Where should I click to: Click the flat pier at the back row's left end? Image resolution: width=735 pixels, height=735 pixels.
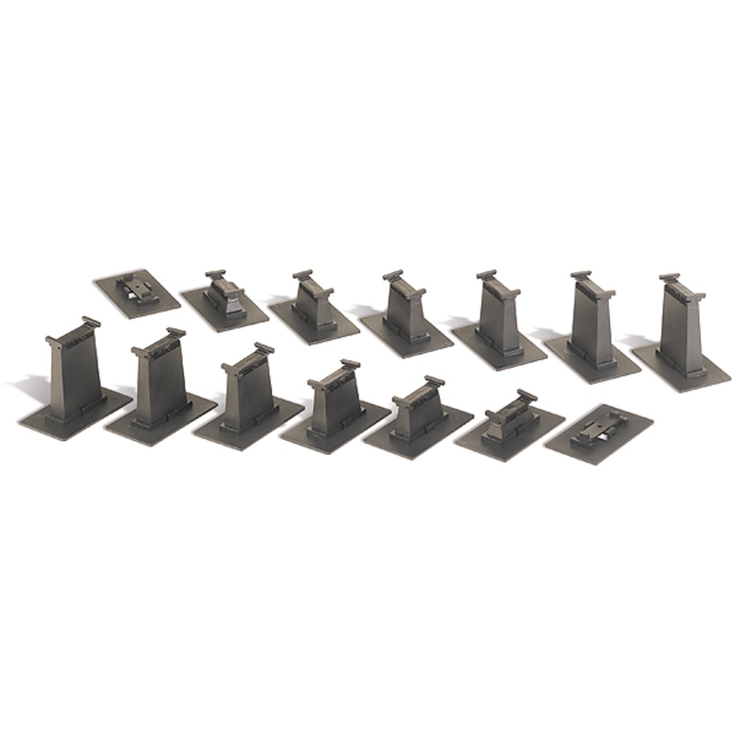click(x=135, y=292)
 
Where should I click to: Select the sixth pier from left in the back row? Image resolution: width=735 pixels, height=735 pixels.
click(x=592, y=326)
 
